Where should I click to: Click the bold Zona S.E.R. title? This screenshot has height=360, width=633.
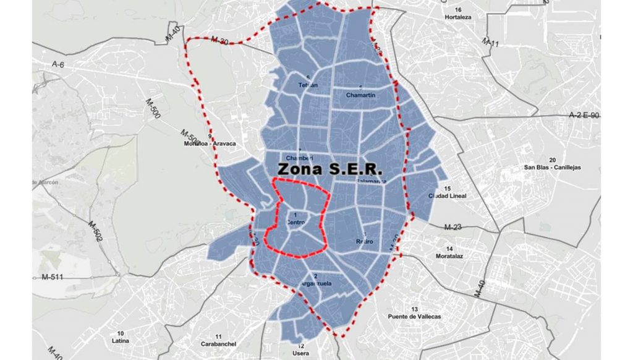pos(330,168)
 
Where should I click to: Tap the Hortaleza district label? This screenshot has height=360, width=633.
pos(458,17)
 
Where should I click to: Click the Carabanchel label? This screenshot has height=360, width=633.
pos(216,344)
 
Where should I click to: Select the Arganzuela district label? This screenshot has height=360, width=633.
pos(316,283)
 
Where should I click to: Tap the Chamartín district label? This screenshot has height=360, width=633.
pos(361,95)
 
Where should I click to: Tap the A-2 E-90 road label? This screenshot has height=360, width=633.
pos(584,115)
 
